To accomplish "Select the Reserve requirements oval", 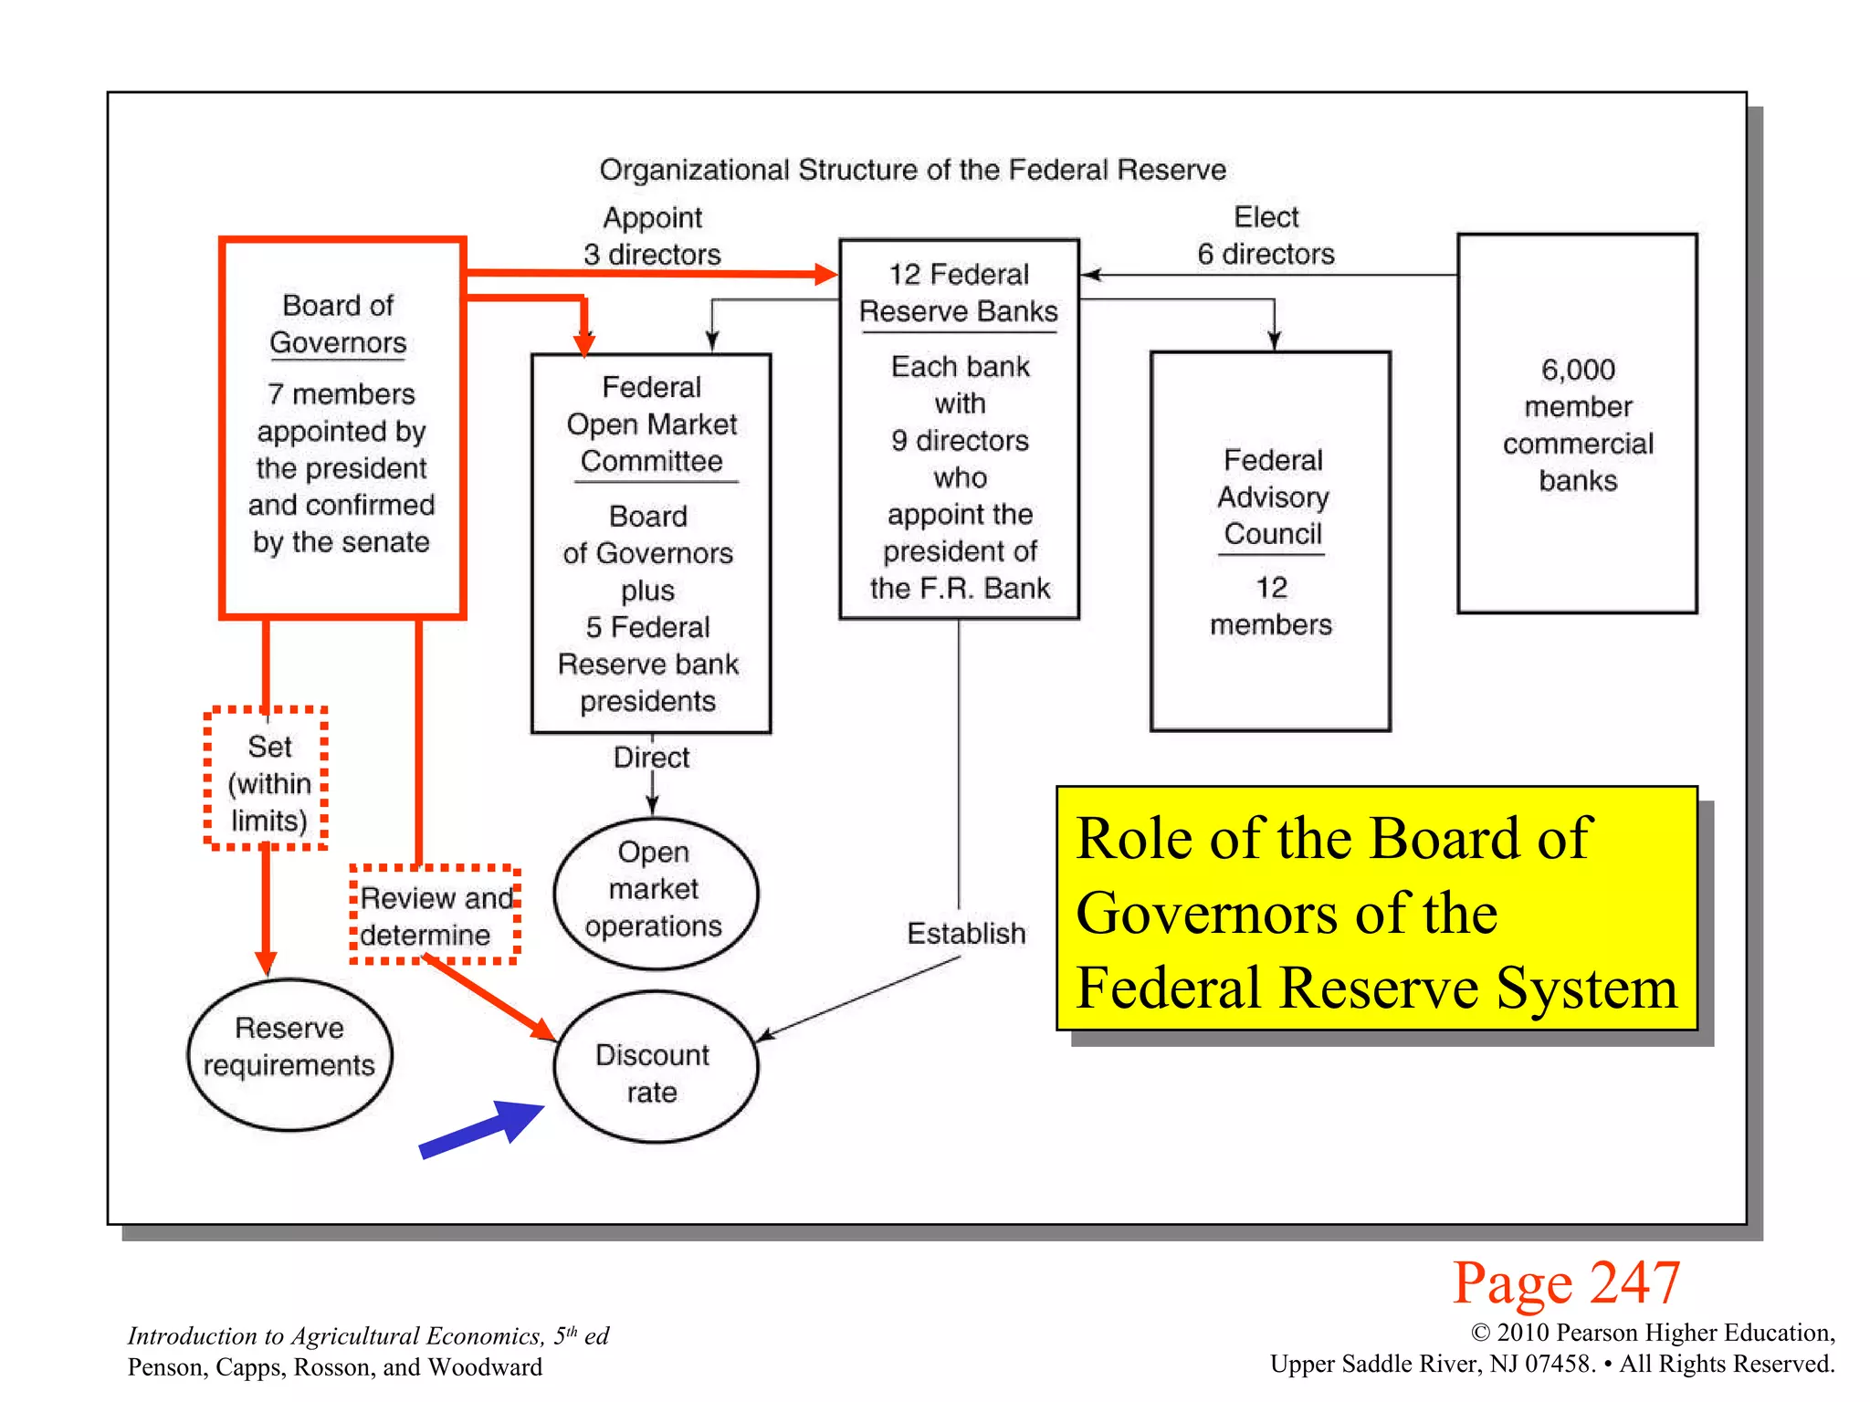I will [289, 1054].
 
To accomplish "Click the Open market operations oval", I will [655, 890].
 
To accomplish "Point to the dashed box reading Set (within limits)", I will [267, 780].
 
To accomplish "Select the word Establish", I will [966, 933].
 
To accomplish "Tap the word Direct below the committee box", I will [651, 758].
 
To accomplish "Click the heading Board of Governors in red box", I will [338, 324].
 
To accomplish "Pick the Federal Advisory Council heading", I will [1272, 497].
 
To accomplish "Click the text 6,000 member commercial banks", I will [1578, 424].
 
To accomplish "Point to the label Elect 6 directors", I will [1266, 235].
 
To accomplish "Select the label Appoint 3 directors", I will [652, 235].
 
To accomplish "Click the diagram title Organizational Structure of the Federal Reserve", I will [911, 170].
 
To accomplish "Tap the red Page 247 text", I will [1566, 1282].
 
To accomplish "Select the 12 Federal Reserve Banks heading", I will [959, 292].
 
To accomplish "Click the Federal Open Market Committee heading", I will [652, 424].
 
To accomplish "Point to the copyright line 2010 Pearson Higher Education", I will [1653, 1333].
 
